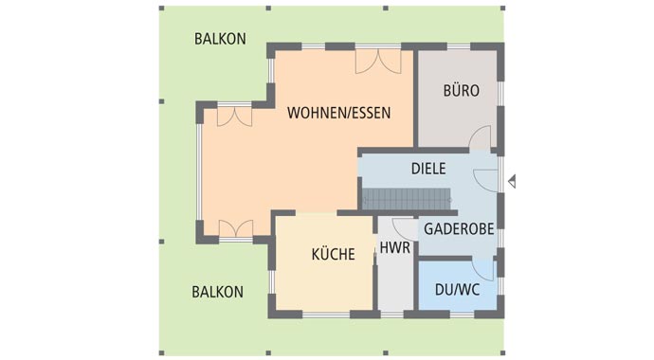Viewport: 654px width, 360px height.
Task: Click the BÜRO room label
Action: pos(462,91)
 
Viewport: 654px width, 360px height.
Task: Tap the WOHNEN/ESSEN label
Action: pos(338,112)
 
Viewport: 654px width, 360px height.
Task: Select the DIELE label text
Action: pos(428,169)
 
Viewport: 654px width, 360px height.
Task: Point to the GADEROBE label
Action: pos(458,229)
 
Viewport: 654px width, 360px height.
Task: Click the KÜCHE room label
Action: pos(333,254)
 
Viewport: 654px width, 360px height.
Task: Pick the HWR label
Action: pos(393,249)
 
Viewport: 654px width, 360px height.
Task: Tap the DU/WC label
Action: pos(457,289)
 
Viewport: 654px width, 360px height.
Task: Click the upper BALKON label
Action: pos(220,39)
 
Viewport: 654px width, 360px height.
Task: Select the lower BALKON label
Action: pos(217,291)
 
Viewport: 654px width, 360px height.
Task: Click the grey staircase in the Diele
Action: pos(406,199)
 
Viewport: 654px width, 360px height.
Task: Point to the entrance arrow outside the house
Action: pos(512,180)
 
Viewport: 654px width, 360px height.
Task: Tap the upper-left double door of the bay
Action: pos(233,116)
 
